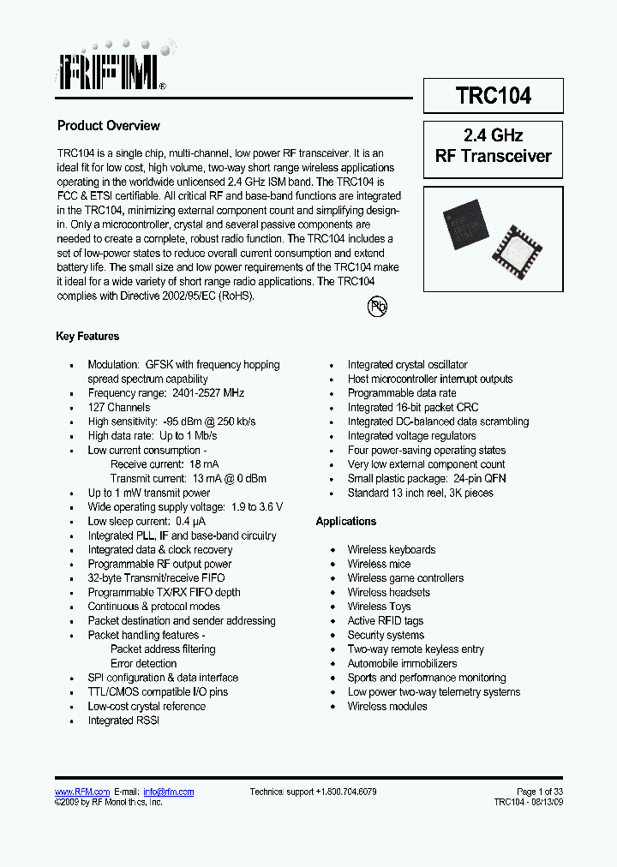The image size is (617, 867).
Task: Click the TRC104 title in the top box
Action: [x=493, y=96]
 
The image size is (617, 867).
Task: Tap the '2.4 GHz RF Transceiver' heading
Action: [x=493, y=146]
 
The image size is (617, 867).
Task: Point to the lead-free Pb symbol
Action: [x=377, y=306]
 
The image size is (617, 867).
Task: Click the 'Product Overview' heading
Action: [x=109, y=126]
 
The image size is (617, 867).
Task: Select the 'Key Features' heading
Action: [x=87, y=337]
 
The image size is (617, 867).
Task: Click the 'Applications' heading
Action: [x=345, y=522]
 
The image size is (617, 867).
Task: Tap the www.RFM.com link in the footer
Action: [x=82, y=792]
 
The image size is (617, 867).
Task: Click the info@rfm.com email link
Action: [x=168, y=792]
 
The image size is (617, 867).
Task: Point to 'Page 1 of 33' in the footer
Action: [x=540, y=792]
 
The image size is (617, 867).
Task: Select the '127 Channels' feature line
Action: [x=118, y=408]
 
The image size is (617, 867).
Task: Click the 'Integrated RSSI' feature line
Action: [x=123, y=721]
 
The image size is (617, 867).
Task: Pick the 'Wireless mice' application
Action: [x=379, y=565]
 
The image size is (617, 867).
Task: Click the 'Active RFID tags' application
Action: [x=385, y=621]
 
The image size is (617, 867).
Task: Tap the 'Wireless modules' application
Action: [x=387, y=707]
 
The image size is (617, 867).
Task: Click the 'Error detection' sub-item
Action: [x=143, y=664]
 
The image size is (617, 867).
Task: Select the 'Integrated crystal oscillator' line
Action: [x=408, y=365]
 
